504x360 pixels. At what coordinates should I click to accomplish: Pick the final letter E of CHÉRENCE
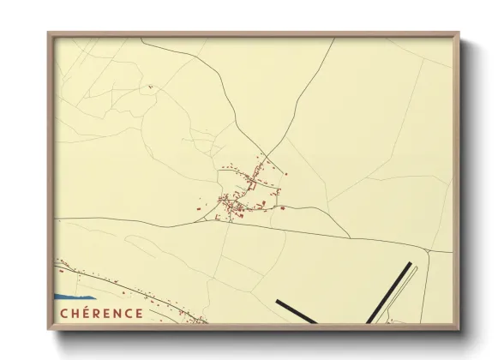[x=141, y=314]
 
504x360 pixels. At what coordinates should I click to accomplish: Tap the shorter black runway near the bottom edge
[x=296, y=310]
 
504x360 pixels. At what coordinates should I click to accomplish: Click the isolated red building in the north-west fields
[x=149, y=86]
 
